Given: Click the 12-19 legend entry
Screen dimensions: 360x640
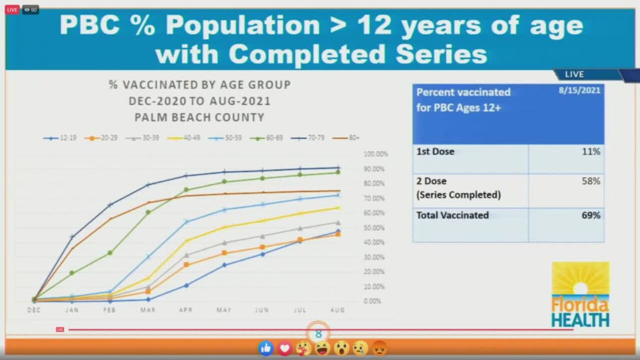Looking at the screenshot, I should click(x=60, y=138).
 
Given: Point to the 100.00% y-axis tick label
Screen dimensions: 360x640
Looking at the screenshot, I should click(x=375, y=154).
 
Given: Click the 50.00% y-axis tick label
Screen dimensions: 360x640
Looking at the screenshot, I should click(x=374, y=228).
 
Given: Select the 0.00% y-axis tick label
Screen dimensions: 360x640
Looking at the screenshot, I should click(x=372, y=301).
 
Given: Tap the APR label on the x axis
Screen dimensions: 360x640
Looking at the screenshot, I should click(x=185, y=310).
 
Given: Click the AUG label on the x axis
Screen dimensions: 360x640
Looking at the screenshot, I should click(x=337, y=310).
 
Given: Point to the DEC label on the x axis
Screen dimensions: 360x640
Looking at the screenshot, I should click(x=34, y=310).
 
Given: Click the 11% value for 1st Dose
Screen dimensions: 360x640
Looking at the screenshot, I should click(x=590, y=151).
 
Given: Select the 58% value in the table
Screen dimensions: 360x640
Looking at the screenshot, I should click(x=590, y=181).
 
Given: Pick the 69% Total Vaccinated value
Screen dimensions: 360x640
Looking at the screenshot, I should click(x=590, y=215).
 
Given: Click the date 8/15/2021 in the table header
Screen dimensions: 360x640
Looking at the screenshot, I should click(x=579, y=90).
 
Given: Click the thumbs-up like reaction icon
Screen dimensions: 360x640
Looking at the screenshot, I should click(x=266, y=348).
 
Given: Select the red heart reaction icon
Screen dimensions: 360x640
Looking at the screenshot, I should click(x=284, y=348).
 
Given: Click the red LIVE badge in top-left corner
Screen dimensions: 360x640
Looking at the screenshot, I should click(x=12, y=9).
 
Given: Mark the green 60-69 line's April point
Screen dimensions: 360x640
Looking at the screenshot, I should click(x=186, y=190).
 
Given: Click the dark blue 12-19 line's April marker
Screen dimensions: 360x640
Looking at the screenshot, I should click(x=186, y=285).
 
